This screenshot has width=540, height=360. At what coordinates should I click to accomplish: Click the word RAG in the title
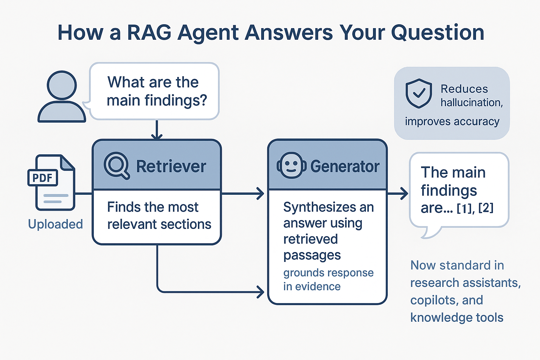pyautogui.click(x=149, y=32)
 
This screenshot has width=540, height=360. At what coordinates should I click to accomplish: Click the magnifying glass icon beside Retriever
pyautogui.click(x=116, y=165)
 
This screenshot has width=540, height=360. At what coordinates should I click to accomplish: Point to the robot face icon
pyautogui.click(x=291, y=165)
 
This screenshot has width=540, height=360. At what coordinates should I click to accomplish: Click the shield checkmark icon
pyautogui.click(x=418, y=93)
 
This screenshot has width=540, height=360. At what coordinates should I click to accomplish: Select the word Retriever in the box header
pyautogui.click(x=171, y=167)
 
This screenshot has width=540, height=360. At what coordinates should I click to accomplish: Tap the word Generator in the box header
pyautogui.click(x=345, y=167)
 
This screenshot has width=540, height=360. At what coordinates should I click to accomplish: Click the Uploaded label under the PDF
pyautogui.click(x=55, y=224)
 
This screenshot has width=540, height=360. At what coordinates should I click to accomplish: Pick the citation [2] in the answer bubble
pyautogui.click(x=486, y=208)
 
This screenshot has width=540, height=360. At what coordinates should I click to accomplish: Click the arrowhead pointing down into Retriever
pyautogui.click(x=157, y=136)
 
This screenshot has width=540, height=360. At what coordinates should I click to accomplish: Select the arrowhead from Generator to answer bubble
pyautogui.click(x=404, y=193)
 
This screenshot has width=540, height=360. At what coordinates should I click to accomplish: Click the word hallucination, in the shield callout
pyautogui.click(x=471, y=102)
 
